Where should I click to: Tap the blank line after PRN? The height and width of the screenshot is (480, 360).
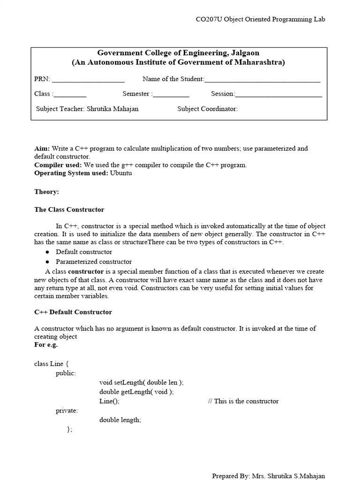coord(88,79)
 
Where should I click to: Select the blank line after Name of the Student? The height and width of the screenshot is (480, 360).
coord(262,79)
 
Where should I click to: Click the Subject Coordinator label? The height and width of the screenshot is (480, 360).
coord(208,109)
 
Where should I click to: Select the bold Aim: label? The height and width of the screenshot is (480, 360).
coord(42,149)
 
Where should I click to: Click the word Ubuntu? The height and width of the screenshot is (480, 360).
coord(121,173)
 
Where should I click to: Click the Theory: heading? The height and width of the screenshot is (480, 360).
coord(46,192)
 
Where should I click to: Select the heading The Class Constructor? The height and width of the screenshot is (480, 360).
coord(69,210)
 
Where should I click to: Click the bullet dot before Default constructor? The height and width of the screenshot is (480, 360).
coord(47,252)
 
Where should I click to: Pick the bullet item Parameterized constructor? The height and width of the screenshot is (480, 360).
coord(94,262)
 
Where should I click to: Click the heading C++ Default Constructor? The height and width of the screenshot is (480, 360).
coord(73,312)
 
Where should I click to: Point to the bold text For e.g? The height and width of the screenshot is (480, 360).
coord(46,345)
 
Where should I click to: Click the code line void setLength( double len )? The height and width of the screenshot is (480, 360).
coord(141,382)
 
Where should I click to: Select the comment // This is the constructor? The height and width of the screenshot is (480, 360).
coord(243,401)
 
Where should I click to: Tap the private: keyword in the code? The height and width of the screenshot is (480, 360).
coord(67,411)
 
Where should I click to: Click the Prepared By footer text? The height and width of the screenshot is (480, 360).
coord(269,476)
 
